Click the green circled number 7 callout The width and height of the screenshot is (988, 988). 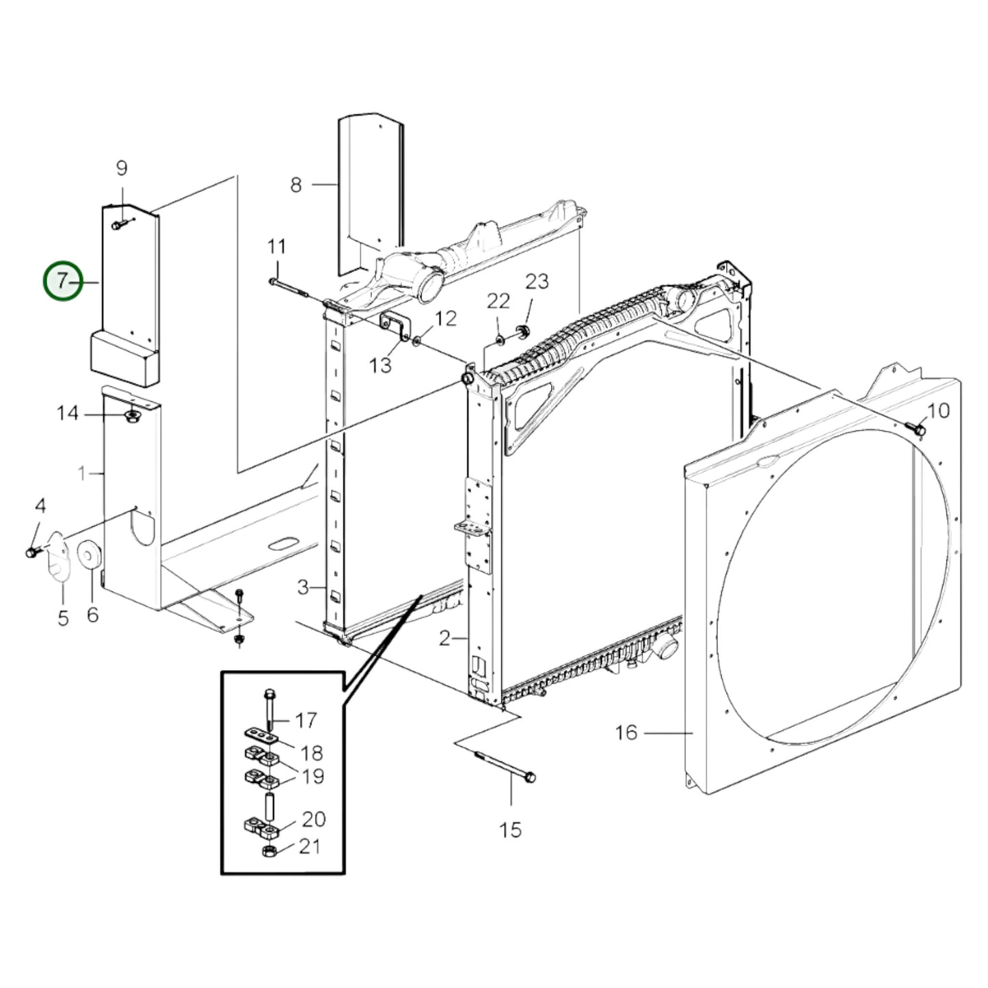point(63,281)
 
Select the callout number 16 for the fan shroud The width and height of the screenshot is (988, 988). point(626,733)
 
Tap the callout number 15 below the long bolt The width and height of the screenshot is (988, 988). point(510,830)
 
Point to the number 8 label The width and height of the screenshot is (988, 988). point(295,185)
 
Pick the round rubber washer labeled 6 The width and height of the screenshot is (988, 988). point(90,555)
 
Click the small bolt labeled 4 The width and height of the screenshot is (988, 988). point(32,551)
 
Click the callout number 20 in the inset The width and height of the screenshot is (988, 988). point(314,819)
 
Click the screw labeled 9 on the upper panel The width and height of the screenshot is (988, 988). point(119,224)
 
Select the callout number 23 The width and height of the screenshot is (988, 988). point(537,281)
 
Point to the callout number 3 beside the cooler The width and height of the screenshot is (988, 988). point(303,587)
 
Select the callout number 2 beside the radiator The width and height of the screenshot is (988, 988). point(444,639)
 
